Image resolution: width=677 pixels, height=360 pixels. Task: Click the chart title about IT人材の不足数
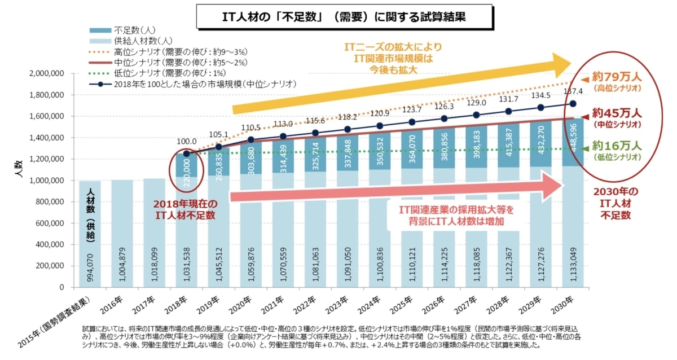tap(339, 16)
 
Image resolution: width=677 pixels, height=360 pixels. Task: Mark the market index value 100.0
tap(186, 142)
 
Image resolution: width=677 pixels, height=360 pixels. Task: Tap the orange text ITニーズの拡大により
tap(394, 48)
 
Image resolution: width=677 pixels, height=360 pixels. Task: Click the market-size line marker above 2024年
tap(380, 126)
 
